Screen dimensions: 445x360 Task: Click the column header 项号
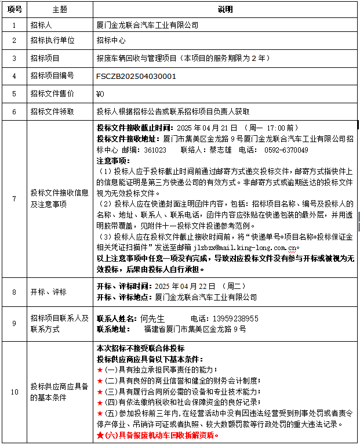(14, 10)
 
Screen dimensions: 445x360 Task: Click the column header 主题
(60, 10)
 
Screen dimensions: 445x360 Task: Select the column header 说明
(225, 10)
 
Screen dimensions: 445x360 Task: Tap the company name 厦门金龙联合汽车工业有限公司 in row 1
(147, 26)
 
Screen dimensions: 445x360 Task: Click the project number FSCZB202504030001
(136, 76)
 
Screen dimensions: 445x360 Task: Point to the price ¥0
(100, 93)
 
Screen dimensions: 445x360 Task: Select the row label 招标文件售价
(52, 93)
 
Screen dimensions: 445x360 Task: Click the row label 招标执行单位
(52, 41)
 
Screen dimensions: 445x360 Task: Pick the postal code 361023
(155, 150)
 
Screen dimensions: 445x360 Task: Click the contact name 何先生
(152, 319)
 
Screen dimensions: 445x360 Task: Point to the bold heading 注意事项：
(113, 160)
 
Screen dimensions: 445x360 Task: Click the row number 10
(14, 392)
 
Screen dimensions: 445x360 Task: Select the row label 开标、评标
(49, 292)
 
